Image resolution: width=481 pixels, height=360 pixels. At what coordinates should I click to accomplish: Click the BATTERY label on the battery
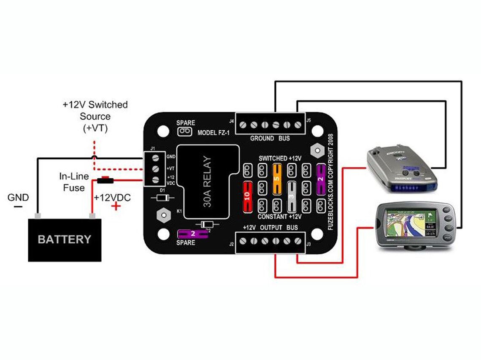click(x=64, y=239)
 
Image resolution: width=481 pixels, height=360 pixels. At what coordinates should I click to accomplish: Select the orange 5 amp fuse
click(x=277, y=178)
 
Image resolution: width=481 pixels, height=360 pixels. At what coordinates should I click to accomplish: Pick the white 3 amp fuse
click(x=291, y=196)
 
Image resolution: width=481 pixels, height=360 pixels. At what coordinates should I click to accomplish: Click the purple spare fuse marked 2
click(x=192, y=233)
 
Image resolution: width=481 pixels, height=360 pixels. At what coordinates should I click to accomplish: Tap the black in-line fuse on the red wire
click(x=104, y=181)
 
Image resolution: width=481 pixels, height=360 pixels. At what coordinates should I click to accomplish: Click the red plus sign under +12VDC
click(x=114, y=207)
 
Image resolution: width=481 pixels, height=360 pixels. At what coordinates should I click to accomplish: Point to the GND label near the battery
click(x=18, y=197)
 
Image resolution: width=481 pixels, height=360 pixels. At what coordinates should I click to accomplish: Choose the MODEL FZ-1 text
click(x=214, y=133)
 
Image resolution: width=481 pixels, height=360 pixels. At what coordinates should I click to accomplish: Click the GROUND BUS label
click(x=270, y=138)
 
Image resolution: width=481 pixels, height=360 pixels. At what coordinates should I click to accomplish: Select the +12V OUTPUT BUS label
click(x=270, y=228)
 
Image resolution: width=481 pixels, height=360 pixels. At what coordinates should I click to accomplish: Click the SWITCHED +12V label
click(x=280, y=158)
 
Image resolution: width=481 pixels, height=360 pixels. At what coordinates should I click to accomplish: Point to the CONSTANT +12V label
click(x=279, y=217)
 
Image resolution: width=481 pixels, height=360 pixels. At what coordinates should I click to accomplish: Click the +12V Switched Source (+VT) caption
click(x=95, y=116)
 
